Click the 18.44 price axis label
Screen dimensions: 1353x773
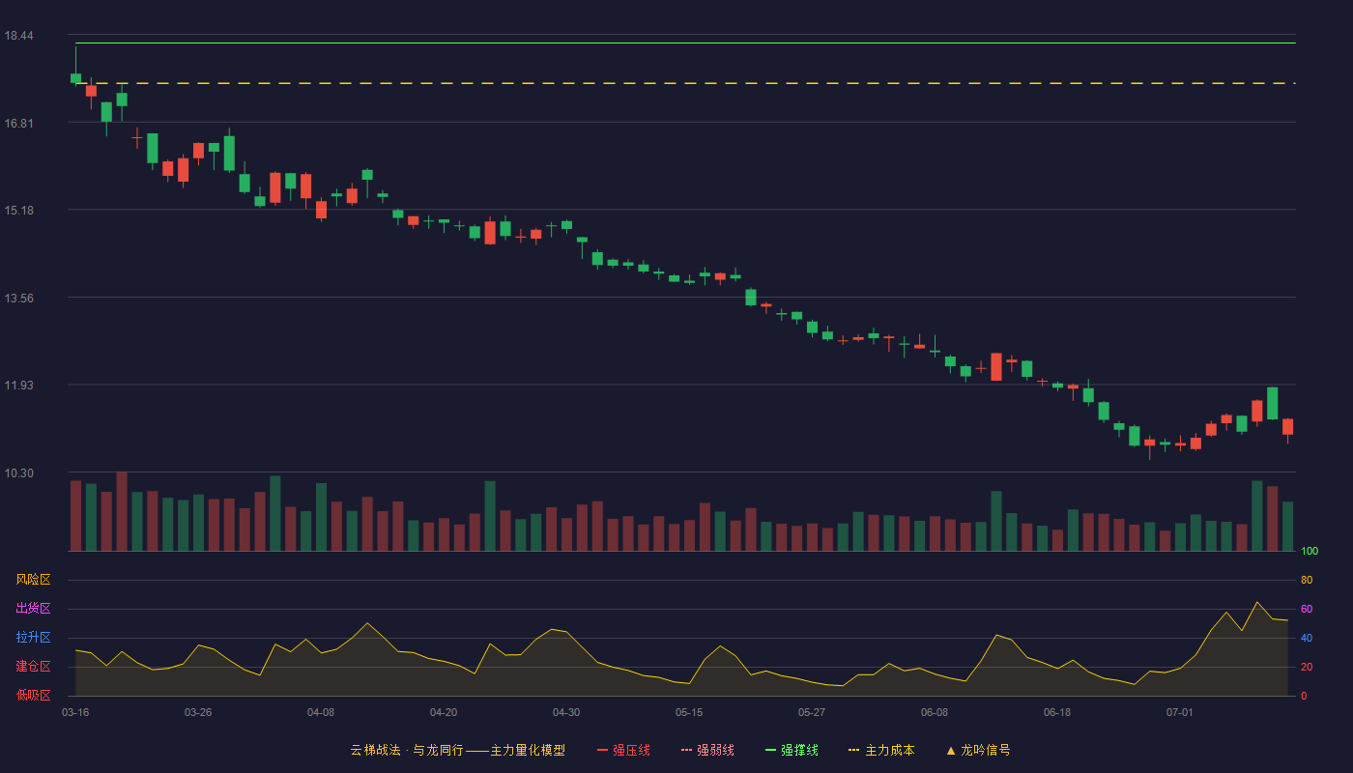[x=18, y=36]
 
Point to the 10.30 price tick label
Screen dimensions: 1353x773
[x=18, y=472]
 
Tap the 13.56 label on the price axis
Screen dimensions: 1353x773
[x=18, y=299]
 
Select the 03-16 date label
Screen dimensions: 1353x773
[x=75, y=713]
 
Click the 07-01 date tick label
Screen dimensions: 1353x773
[x=1180, y=713]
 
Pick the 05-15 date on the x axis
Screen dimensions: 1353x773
[x=689, y=713]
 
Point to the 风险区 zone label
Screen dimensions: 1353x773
[x=33, y=580]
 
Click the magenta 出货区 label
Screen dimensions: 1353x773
[x=33, y=608]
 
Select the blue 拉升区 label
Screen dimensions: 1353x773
[x=33, y=637]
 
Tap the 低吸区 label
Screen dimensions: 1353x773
[x=33, y=695]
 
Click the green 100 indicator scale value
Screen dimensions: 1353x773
[x=1310, y=551]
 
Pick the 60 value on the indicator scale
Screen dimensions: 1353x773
[x=1307, y=609]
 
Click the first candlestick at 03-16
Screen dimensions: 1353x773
[x=75, y=78]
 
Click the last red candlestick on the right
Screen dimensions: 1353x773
[x=1287, y=426]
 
